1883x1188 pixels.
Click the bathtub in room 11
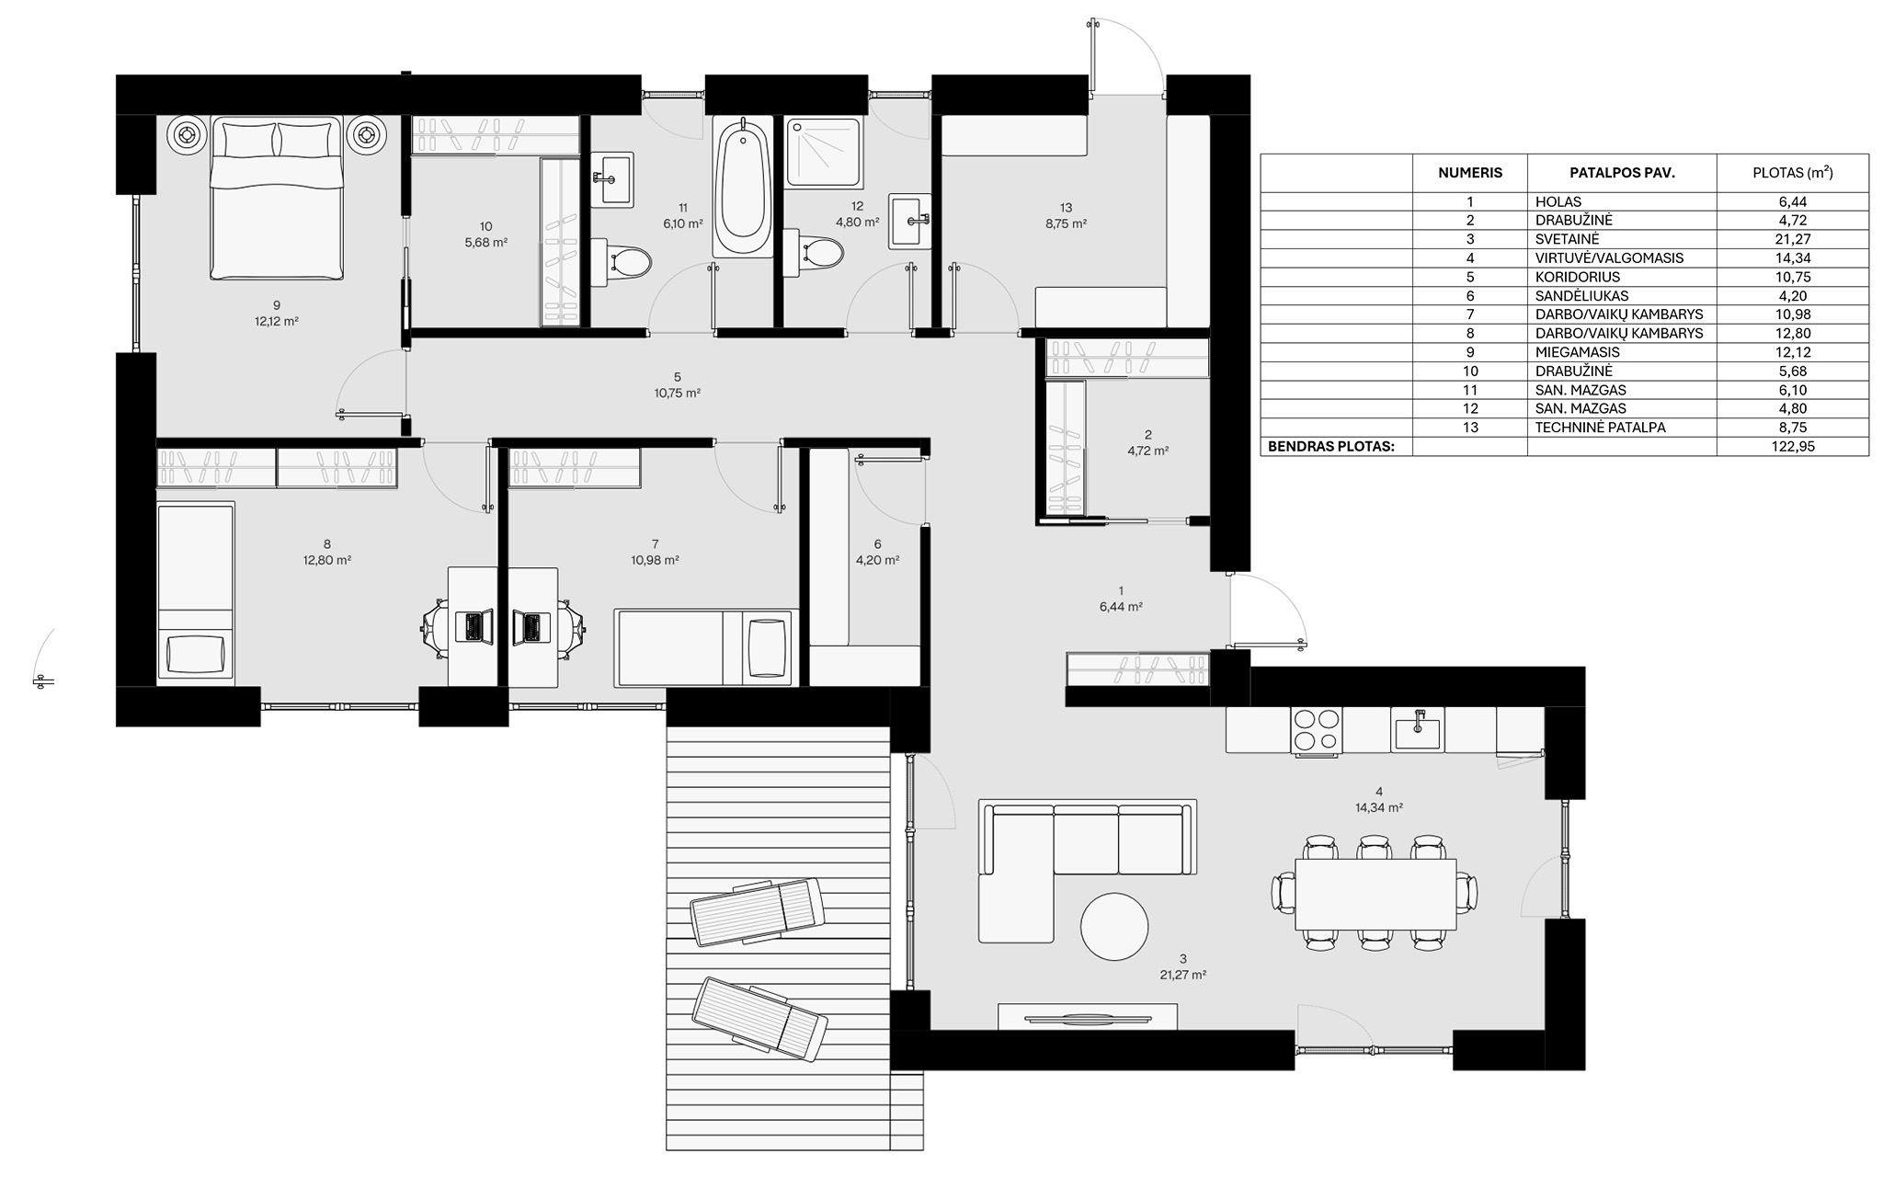[x=742, y=187]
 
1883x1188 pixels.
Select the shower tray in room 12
[x=824, y=152]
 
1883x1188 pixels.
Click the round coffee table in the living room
[x=1113, y=926]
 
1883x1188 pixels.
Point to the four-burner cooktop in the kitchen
[x=1316, y=730]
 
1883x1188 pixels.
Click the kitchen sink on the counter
[x=1416, y=732]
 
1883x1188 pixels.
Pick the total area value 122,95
[x=1793, y=447]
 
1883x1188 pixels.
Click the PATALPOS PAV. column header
[x=1622, y=173]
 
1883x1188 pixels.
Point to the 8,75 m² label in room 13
[x=1066, y=223]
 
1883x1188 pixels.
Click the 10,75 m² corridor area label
[x=677, y=393]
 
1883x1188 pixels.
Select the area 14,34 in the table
[x=1793, y=258]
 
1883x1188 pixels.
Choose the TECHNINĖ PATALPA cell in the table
[x=1599, y=428]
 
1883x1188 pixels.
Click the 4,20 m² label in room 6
[x=877, y=559]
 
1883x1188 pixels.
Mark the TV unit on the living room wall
[x=1087, y=1017]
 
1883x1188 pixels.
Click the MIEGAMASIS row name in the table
[x=1577, y=352]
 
